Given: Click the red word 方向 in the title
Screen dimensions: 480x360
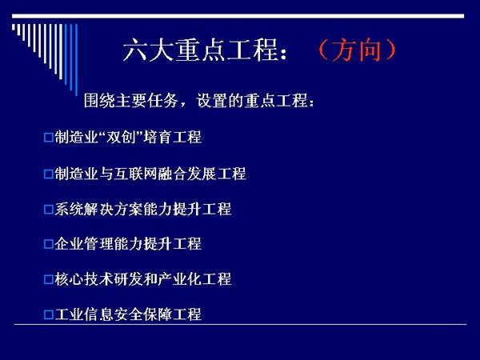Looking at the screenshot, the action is click(x=357, y=50).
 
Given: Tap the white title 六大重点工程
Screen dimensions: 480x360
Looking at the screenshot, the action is click(x=201, y=50).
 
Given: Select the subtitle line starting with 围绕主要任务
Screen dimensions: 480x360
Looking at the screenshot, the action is click(x=199, y=100).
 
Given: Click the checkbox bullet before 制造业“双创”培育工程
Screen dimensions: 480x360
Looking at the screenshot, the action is click(x=48, y=137).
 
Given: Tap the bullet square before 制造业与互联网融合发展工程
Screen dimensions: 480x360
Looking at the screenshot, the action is click(x=48, y=174).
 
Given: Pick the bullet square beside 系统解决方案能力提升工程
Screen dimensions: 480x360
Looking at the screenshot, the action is click(x=48, y=210).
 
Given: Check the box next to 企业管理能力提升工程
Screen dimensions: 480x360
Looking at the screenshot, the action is click(x=48, y=244).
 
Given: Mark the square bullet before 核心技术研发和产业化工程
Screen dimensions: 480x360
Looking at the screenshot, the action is click(x=48, y=279).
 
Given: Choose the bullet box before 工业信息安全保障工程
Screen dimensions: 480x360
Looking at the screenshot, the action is click(x=48, y=314).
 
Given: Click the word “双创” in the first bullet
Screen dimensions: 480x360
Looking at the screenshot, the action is click(x=122, y=137).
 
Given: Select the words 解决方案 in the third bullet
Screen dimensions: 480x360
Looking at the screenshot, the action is click(x=114, y=209).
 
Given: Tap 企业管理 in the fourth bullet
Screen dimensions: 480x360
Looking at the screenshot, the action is click(x=84, y=244).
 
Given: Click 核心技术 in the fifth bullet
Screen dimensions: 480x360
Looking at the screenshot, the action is click(x=84, y=279).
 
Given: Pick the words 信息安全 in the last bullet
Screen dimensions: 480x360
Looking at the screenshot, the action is click(x=114, y=314).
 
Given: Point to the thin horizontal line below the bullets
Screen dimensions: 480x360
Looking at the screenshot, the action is click(x=240, y=324).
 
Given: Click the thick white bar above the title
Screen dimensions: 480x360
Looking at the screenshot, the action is click(x=238, y=16).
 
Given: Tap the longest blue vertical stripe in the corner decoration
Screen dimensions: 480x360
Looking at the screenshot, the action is click(x=76, y=60).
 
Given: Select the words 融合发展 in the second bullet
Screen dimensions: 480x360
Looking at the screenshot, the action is click(x=186, y=174).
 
